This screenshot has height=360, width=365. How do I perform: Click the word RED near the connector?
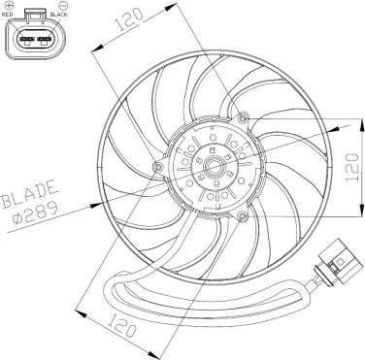7,15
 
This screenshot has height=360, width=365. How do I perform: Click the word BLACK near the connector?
59,15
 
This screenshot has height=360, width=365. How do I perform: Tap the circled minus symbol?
62,5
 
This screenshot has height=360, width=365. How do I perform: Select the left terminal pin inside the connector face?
27,40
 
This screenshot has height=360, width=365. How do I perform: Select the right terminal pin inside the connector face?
45,40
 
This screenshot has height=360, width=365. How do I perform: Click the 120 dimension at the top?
129,19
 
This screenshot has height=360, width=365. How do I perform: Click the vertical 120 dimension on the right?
351,167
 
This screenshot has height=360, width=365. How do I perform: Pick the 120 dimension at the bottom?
121,325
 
